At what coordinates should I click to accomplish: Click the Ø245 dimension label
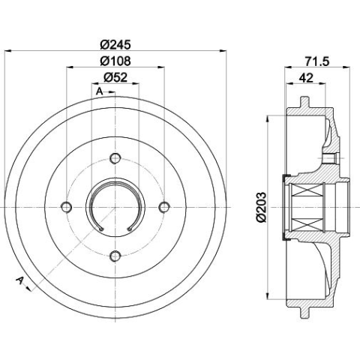click(x=115, y=45)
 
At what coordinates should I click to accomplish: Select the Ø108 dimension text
click(x=115, y=61)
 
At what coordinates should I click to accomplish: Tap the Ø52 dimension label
click(x=115, y=77)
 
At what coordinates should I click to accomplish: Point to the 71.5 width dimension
click(x=317, y=61)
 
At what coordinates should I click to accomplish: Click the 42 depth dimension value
click(x=306, y=78)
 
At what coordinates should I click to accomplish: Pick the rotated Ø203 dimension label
click(x=261, y=207)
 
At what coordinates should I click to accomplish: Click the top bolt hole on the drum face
click(x=115, y=158)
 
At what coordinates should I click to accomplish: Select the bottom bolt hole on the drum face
click(x=115, y=256)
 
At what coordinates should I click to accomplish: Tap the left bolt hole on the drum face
click(x=67, y=207)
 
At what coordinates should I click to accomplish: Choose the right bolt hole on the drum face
click(x=164, y=207)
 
